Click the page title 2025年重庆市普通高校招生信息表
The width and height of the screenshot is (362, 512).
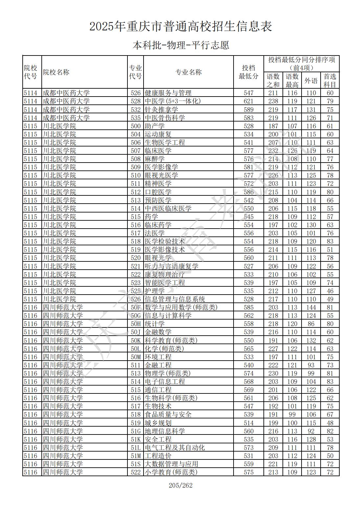tap(181, 27)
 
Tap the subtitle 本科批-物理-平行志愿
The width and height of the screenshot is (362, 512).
tap(181, 45)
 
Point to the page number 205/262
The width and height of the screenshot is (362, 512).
tap(180, 485)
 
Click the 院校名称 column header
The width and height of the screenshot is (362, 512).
tap(56, 72)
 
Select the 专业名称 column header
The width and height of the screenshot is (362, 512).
tap(188, 72)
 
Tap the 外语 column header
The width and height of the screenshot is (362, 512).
tap(311, 80)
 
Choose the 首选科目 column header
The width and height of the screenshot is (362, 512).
tap(330, 80)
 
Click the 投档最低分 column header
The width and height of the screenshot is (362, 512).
tap(248, 72)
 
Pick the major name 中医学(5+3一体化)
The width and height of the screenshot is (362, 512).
tap(172, 101)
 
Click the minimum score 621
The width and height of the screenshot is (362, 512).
tap(249, 101)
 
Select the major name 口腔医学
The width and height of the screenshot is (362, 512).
tap(158, 192)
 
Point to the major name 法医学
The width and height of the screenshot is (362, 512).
tap(154, 233)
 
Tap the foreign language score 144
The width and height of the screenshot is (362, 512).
tap(311, 307)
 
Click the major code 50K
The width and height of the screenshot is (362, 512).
tap(135, 341)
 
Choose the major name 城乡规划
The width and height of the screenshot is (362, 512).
tap(158, 423)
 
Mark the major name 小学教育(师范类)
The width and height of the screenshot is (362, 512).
tap(171, 472)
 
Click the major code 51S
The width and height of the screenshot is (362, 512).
tap(135, 464)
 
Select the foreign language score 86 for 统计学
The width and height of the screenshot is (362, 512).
tap(311, 324)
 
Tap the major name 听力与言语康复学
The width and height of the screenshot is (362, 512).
tap(171, 266)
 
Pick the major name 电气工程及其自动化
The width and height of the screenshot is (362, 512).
tap(175, 448)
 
